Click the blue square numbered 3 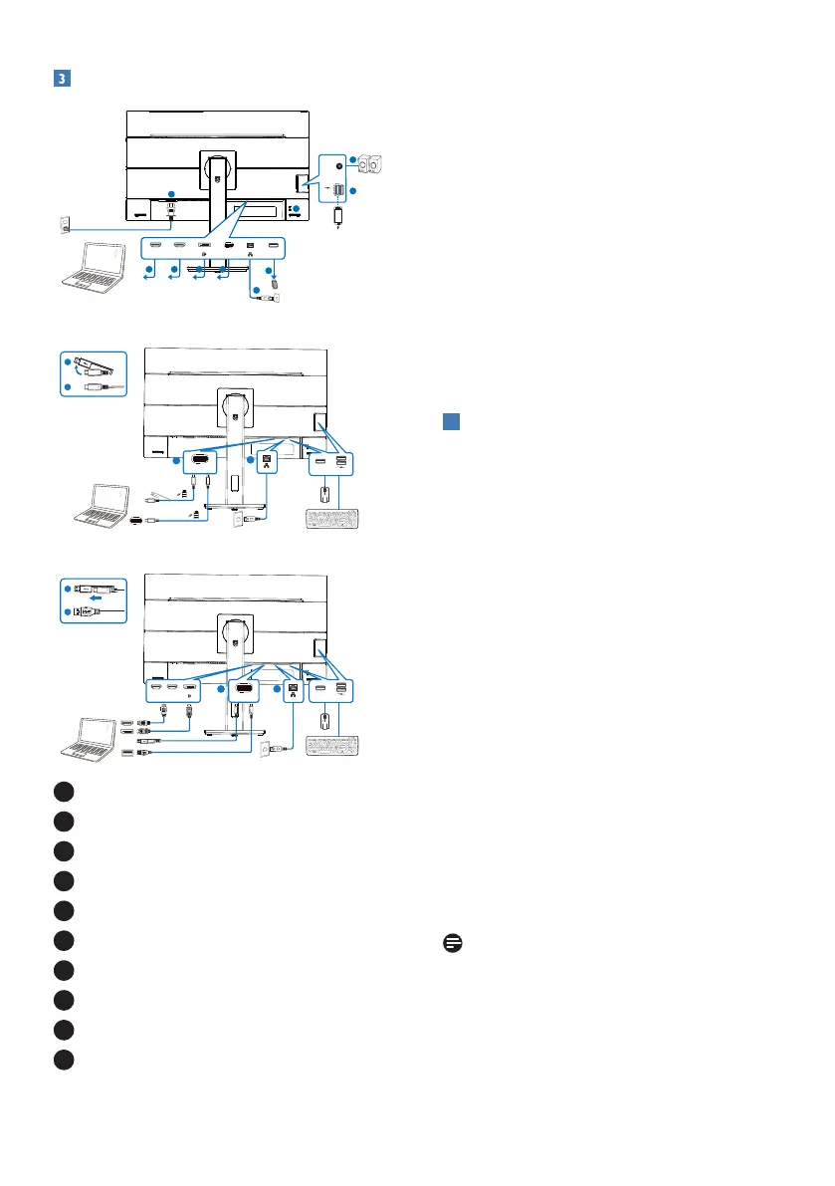point(60,79)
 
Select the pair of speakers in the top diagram point(372,163)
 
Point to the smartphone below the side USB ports point(340,214)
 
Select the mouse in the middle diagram point(323,493)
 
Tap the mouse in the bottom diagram point(323,718)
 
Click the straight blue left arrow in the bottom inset point(95,600)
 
